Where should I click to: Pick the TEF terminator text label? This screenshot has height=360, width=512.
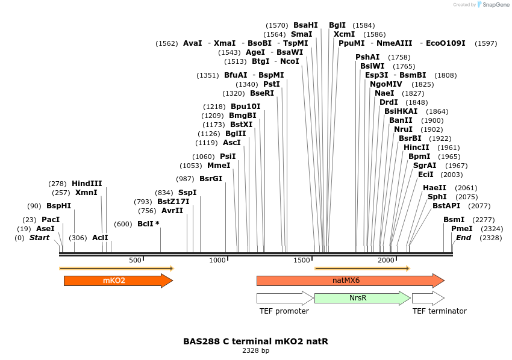click(x=439, y=311)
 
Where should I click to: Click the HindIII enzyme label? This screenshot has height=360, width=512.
click(x=87, y=184)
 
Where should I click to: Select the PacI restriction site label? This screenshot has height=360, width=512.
click(x=51, y=220)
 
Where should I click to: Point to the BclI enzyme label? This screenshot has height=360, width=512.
click(x=146, y=223)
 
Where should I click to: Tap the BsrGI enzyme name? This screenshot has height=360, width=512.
click(x=211, y=179)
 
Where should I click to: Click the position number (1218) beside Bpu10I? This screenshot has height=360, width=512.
click(x=214, y=107)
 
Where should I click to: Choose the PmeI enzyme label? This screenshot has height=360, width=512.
click(x=462, y=229)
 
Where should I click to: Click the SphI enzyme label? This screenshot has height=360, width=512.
click(x=437, y=197)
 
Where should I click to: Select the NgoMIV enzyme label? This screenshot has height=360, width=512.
click(x=386, y=84)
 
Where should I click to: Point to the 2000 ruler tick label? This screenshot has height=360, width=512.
click(x=386, y=260)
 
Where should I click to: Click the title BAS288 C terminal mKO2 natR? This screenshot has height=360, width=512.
click(x=255, y=341)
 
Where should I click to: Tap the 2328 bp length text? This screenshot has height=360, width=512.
click(x=255, y=350)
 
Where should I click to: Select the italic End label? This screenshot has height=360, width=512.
click(x=463, y=238)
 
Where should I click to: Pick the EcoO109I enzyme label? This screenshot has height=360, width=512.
click(x=446, y=43)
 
